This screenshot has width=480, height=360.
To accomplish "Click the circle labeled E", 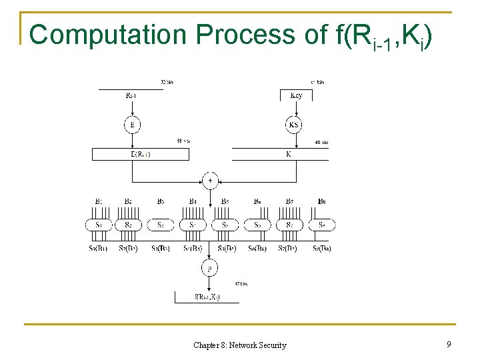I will [132, 125].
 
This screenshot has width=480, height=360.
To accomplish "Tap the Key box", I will [296, 95].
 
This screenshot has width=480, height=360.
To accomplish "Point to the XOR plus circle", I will [211, 181].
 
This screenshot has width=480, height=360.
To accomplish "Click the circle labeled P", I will [211, 268].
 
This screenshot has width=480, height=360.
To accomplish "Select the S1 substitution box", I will [99, 225].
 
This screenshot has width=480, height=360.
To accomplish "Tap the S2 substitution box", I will [128, 225].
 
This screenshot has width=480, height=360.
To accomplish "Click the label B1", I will [99, 201].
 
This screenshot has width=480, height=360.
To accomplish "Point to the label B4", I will [192, 201].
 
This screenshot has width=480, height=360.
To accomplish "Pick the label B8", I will [322, 201].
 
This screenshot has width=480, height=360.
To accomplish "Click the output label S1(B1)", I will [99, 249].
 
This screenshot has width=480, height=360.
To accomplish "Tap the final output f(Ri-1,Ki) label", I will [207, 297].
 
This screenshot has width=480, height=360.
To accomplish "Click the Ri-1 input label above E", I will [133, 95].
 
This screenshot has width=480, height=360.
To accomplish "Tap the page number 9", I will [449, 345].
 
